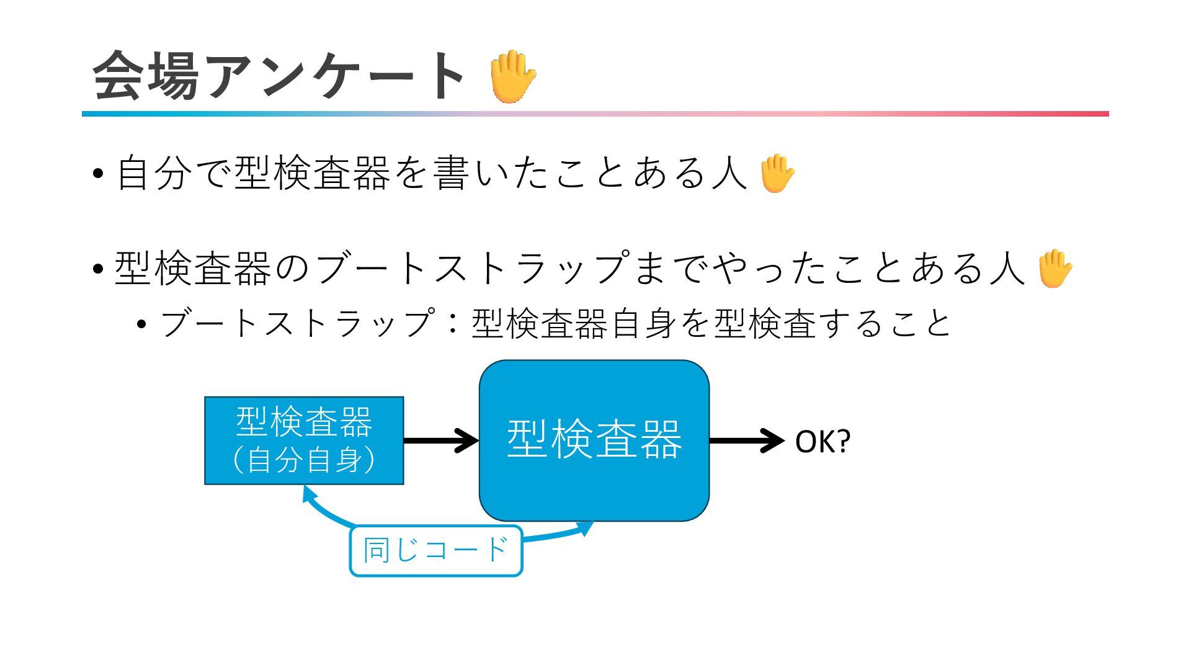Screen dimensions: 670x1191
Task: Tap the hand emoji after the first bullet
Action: (x=777, y=173)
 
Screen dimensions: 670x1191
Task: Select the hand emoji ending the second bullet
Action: (x=1054, y=269)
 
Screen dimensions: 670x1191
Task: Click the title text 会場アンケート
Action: (x=279, y=76)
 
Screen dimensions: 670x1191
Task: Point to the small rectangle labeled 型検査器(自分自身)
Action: (x=304, y=440)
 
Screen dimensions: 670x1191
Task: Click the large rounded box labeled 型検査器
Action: (x=594, y=440)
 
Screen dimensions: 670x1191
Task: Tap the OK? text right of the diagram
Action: (x=822, y=442)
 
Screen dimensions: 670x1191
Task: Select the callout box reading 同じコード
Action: (x=436, y=550)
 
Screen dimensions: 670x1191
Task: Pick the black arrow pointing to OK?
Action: (x=746, y=440)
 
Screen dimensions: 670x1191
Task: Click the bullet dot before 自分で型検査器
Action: (x=97, y=174)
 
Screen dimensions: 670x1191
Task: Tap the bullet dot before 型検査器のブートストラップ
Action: (x=97, y=269)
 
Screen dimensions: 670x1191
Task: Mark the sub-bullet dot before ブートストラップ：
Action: (x=142, y=324)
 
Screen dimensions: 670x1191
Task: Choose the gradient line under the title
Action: (x=595, y=114)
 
